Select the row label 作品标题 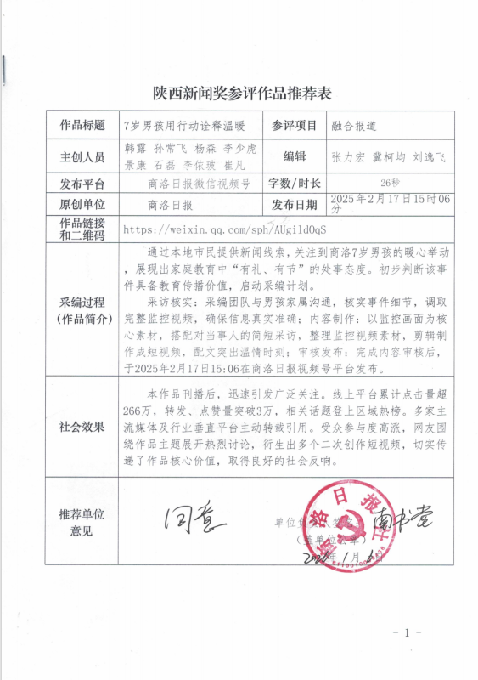(x=82, y=125)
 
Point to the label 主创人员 (x=82, y=157)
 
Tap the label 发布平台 (x=82, y=184)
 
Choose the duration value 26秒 (x=390, y=183)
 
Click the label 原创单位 (x=82, y=205)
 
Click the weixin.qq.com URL (x=225, y=229)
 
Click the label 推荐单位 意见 (x=82, y=524)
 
